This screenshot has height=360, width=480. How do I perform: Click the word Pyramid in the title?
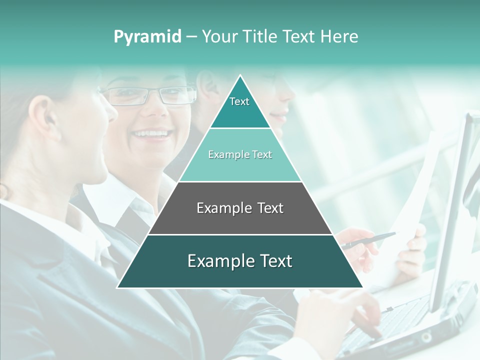[147, 37]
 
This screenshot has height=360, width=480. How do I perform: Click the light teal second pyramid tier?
[240, 165]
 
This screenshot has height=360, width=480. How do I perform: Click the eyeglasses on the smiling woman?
[150, 95]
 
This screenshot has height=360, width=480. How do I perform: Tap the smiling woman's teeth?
[150, 133]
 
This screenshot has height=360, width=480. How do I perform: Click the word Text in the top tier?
[239, 101]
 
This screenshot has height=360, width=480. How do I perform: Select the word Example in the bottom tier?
[215, 261]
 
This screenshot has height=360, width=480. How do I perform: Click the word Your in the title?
[220, 37]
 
